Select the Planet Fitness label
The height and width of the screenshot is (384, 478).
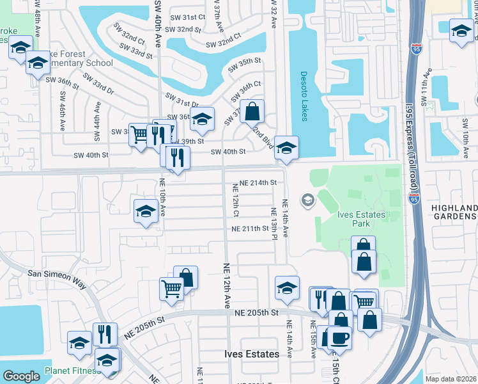coord(71,371)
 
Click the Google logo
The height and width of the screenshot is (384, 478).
coord(21,376)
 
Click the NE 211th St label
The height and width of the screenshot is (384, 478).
coord(250,228)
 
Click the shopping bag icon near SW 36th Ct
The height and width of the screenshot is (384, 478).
coord(253,111)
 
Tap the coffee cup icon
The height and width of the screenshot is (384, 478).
coord(339,337)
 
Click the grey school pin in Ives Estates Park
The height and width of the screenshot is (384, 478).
coord(308,200)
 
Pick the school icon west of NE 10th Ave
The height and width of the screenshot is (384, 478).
coord(146,211)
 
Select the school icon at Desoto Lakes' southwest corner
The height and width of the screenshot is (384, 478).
coord(286,147)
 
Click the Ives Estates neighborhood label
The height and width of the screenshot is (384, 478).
coord(252,354)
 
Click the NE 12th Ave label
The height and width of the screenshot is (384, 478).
coord(226,285)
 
